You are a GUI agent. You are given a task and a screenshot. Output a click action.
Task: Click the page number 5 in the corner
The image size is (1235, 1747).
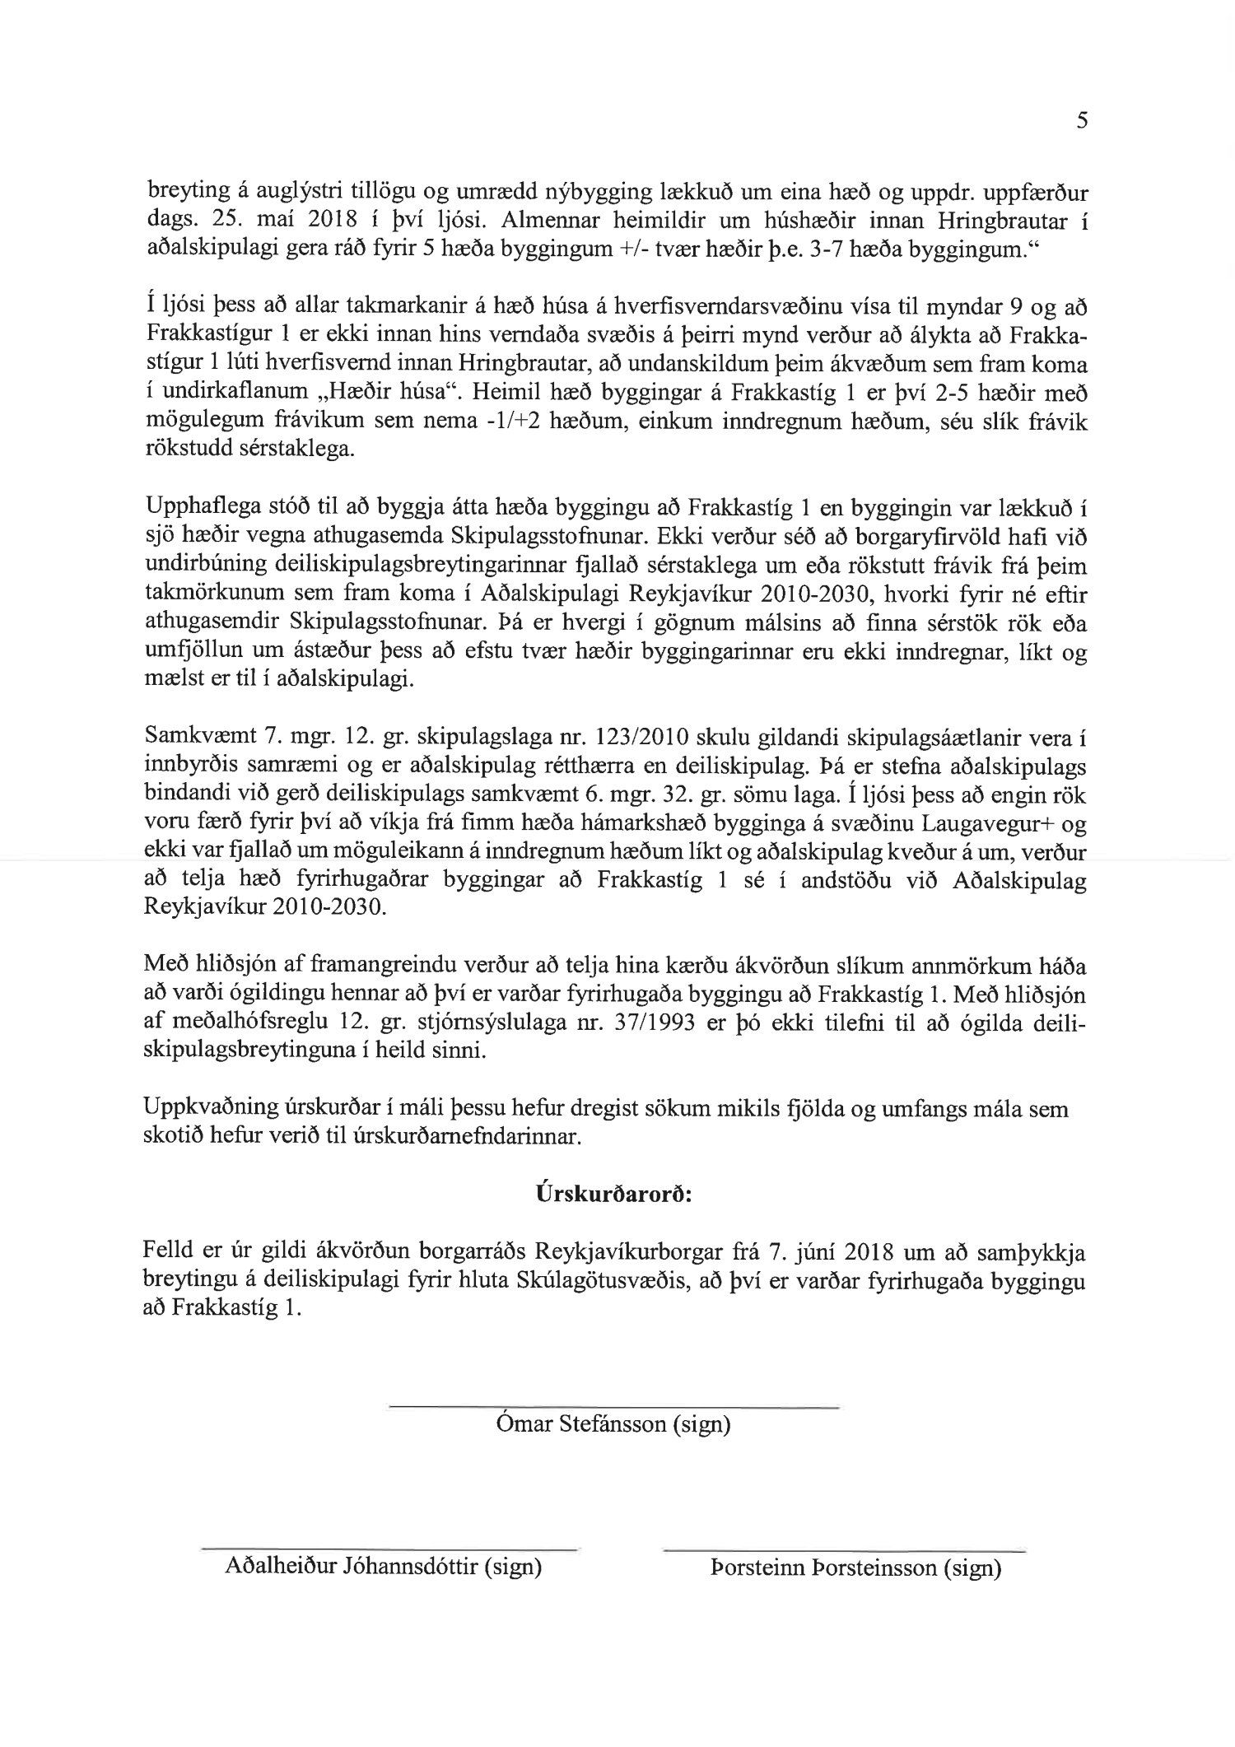[x=1082, y=122]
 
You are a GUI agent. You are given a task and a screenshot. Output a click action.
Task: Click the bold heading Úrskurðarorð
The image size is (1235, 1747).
[x=613, y=1193]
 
